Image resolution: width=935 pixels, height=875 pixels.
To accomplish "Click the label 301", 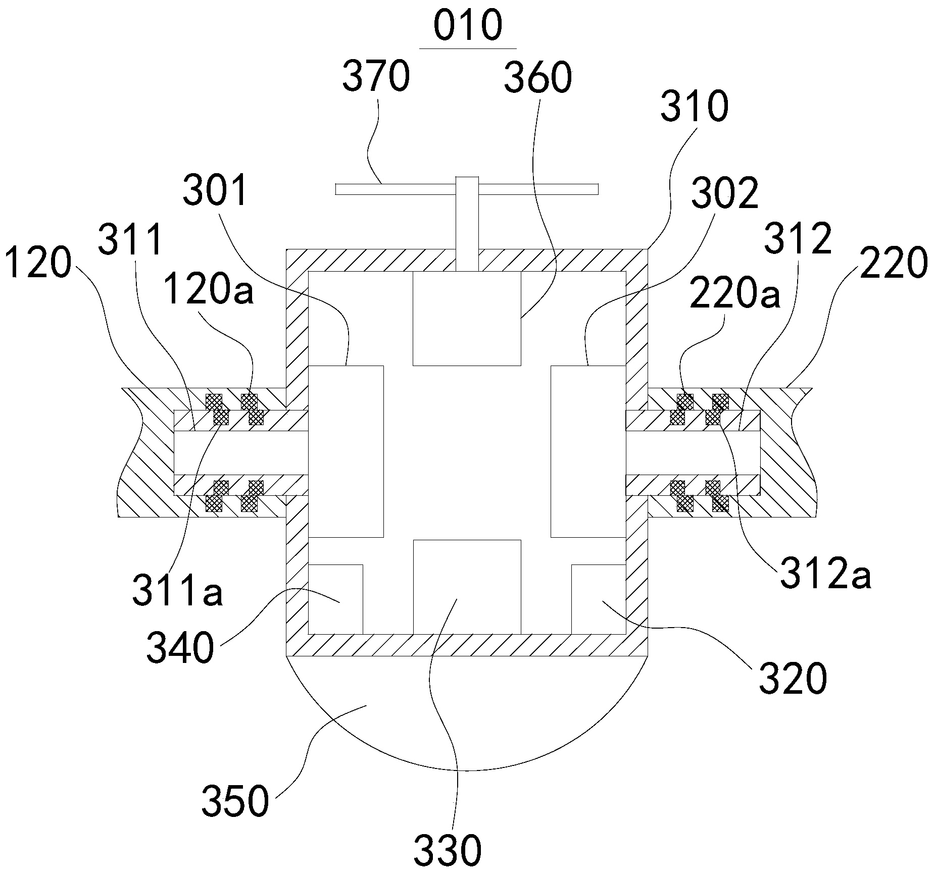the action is click(216, 191).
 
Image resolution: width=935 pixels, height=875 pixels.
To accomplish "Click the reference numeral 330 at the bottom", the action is click(448, 850).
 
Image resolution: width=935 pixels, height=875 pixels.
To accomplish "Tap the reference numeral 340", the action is click(180, 648).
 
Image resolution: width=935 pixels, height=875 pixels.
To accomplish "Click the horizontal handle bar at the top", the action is click(467, 189).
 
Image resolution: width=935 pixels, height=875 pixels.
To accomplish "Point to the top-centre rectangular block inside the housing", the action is click(467, 318).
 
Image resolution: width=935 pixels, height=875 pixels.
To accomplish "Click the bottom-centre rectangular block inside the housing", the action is click(467, 587).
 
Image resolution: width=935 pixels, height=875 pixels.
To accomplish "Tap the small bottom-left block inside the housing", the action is click(335, 599).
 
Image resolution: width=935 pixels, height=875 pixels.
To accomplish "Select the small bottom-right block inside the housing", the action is click(599, 599).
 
